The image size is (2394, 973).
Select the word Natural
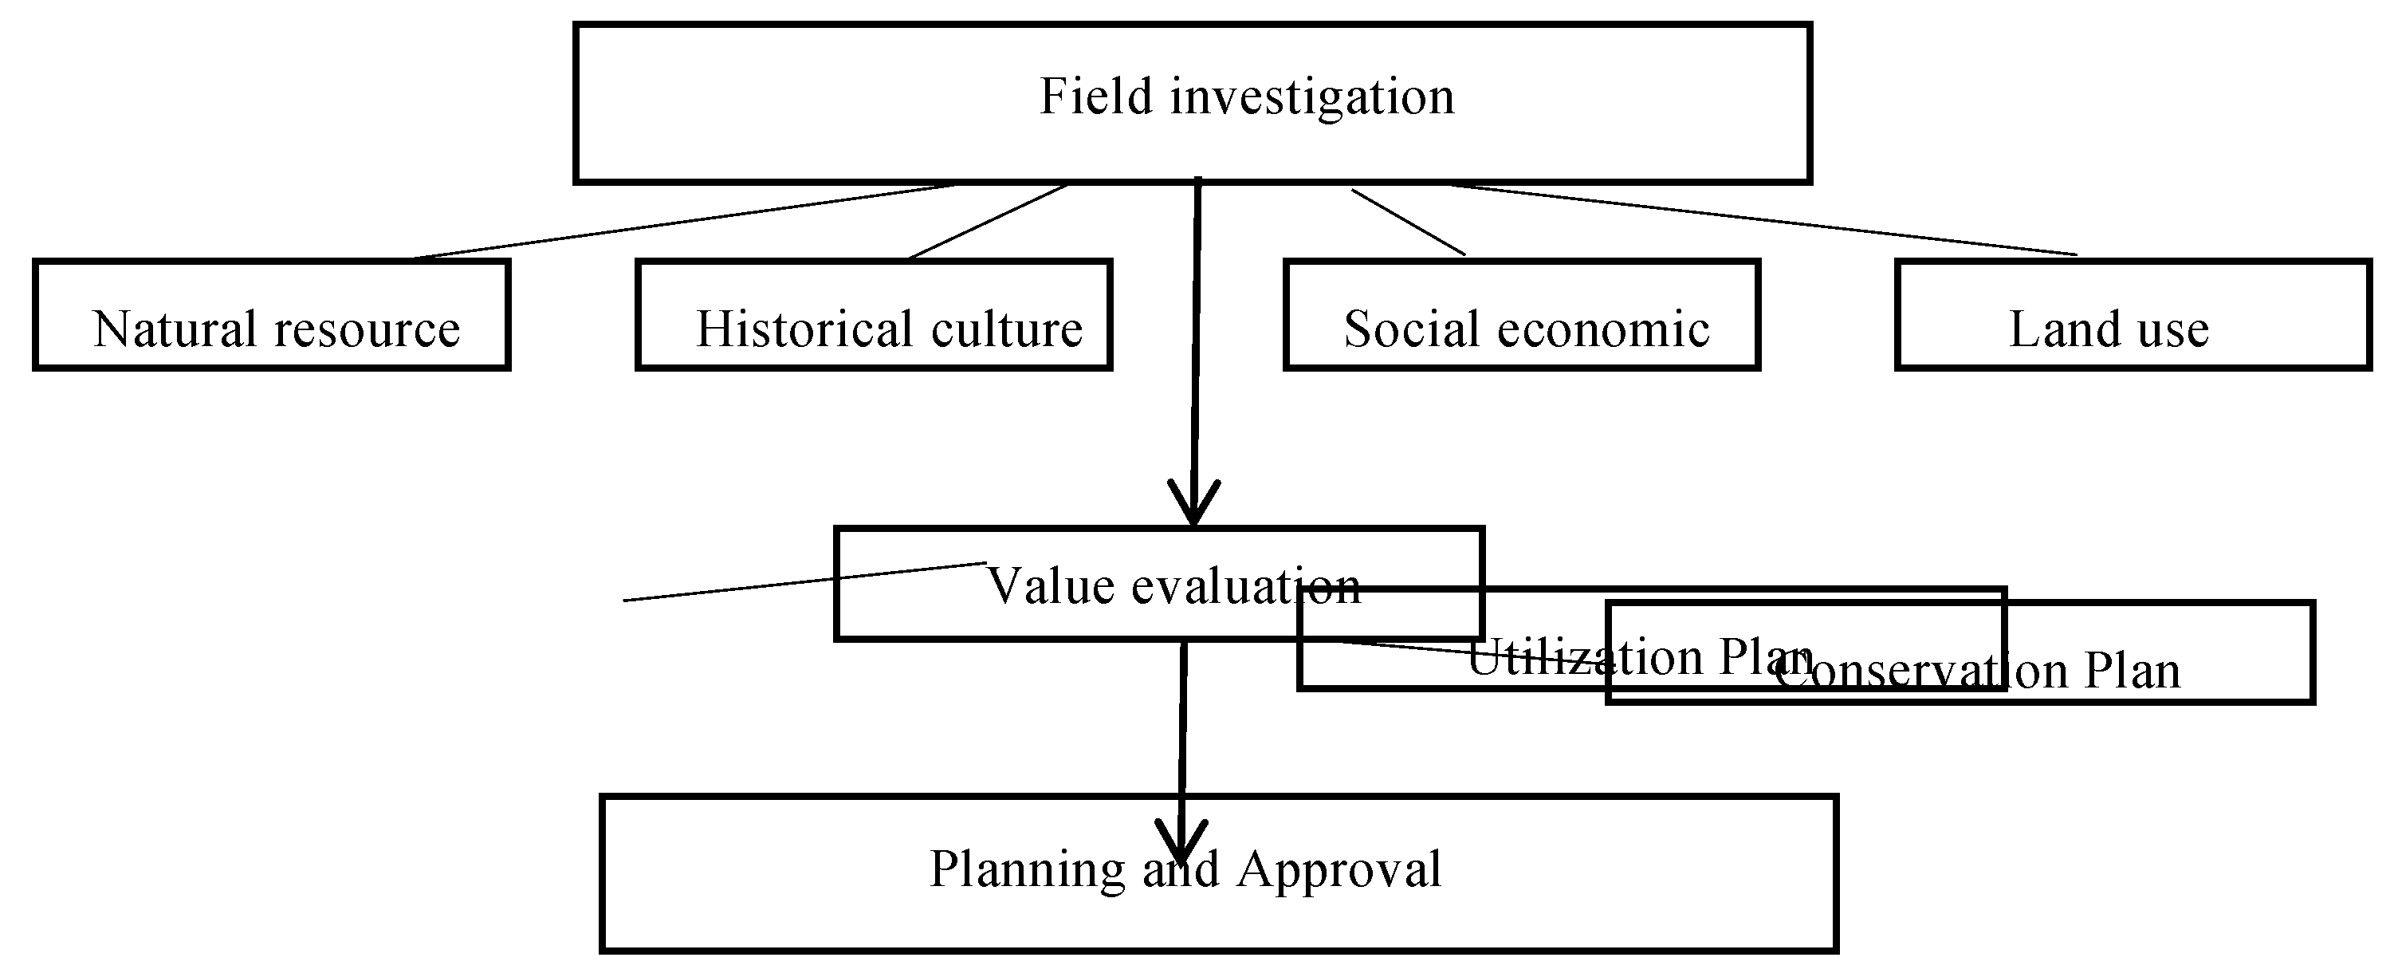174,329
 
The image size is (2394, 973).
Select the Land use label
2108,329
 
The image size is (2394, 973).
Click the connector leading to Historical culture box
988,221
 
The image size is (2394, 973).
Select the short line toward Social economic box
1408,222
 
